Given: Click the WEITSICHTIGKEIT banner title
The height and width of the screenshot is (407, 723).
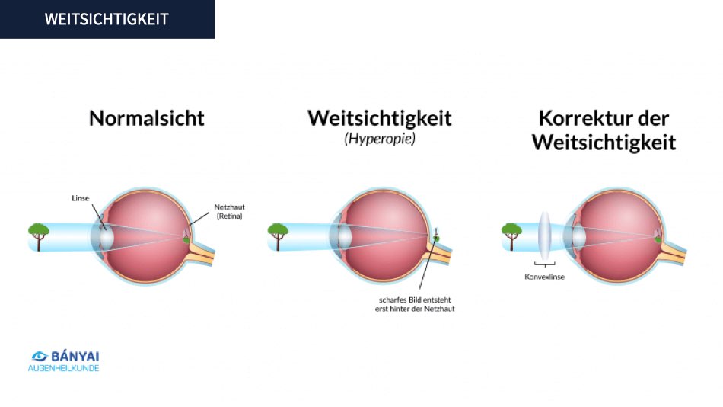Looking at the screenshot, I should pyautogui.click(x=107, y=19).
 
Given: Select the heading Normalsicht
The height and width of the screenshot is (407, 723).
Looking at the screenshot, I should pyautogui.click(x=147, y=118).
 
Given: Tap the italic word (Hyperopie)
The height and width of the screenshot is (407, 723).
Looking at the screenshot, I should pyautogui.click(x=380, y=139).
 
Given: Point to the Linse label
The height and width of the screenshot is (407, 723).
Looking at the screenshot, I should pyautogui.click(x=80, y=198).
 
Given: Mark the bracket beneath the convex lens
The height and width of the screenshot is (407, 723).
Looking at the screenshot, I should pyautogui.click(x=545, y=264).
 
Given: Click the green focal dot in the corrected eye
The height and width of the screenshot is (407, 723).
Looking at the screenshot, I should pyautogui.click(x=658, y=239).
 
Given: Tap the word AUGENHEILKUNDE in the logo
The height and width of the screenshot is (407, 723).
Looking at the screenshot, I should pyautogui.click(x=63, y=369).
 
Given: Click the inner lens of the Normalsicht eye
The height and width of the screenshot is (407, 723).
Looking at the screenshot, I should pyautogui.click(x=107, y=236).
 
